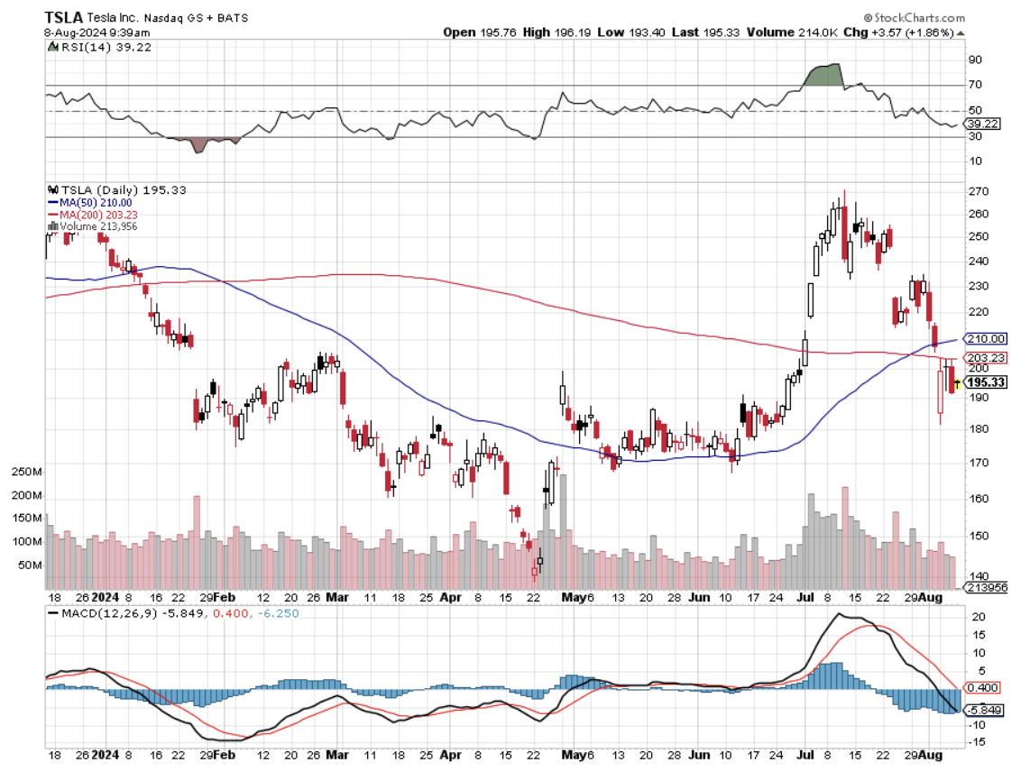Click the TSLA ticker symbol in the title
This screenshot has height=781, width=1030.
(63, 17)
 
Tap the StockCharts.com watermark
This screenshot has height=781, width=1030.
(914, 17)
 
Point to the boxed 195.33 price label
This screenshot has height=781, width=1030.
(986, 382)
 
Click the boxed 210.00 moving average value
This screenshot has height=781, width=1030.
(985, 339)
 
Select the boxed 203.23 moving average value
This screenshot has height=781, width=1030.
(985, 358)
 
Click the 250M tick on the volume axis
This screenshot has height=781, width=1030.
(26, 473)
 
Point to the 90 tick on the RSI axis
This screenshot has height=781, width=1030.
(975, 60)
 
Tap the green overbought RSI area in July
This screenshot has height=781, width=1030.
(823, 75)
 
